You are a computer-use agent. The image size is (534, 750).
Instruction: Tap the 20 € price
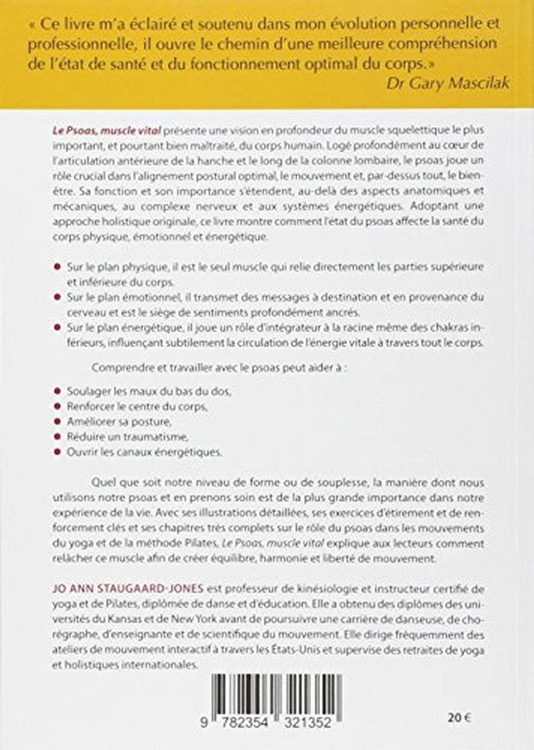(x=458, y=712)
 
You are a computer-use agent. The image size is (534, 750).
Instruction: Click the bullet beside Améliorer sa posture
(x=57, y=421)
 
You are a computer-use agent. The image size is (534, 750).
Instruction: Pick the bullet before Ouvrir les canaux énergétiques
(x=57, y=451)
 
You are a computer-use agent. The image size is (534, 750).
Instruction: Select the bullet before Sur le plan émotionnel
(x=57, y=296)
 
